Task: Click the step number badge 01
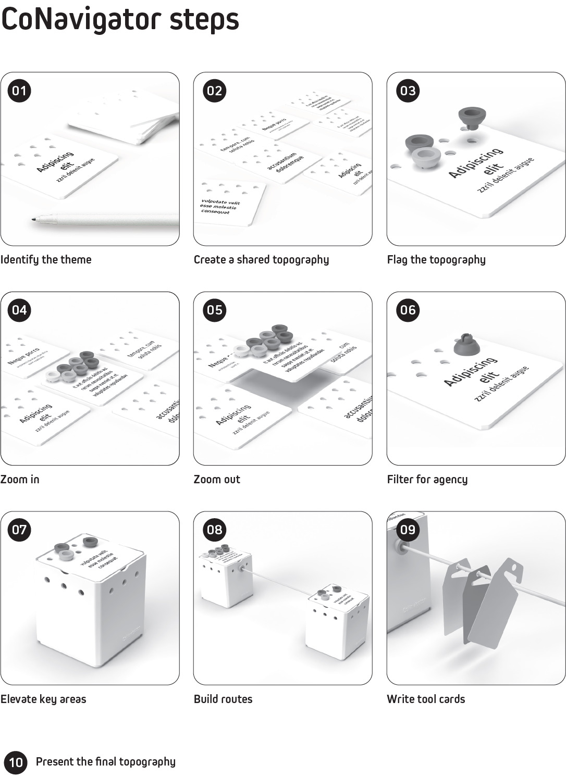pyautogui.click(x=19, y=91)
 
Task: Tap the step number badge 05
pyautogui.click(x=215, y=310)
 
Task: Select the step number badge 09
pyautogui.click(x=408, y=530)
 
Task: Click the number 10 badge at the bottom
pyautogui.click(x=16, y=762)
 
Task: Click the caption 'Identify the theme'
pyautogui.click(x=46, y=259)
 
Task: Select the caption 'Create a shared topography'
pyautogui.click(x=261, y=259)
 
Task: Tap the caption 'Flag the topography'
pyautogui.click(x=436, y=259)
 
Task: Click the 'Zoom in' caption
pyautogui.click(x=20, y=479)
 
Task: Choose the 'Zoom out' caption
pyautogui.click(x=217, y=479)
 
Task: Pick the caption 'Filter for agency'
pyautogui.click(x=427, y=479)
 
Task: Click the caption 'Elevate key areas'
pyautogui.click(x=43, y=699)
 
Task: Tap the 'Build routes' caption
pyautogui.click(x=223, y=699)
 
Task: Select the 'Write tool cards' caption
pyautogui.click(x=426, y=699)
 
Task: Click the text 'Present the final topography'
pyautogui.click(x=106, y=762)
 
